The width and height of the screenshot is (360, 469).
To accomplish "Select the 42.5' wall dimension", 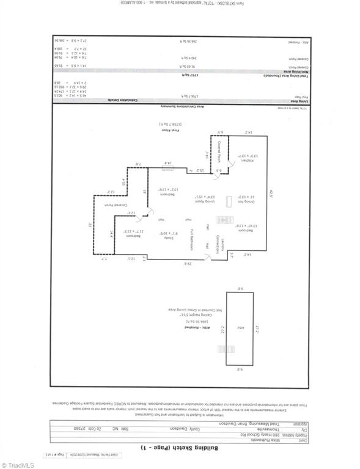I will [x=270, y=195].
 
